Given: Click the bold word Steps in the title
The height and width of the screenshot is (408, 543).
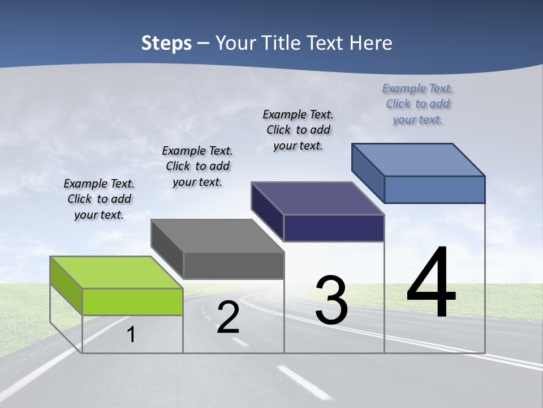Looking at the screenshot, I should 166,43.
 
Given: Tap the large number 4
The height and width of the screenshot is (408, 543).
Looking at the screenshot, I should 431,283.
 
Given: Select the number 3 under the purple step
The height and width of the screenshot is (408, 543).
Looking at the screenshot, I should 331,300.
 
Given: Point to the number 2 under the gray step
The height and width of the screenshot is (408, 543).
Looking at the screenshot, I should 228,317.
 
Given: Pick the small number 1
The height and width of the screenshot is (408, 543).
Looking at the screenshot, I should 131,334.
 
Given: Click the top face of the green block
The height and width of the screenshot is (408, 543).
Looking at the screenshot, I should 116,272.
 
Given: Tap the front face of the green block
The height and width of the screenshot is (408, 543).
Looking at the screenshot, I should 132,301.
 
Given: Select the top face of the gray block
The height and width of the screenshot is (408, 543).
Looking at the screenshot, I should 217,236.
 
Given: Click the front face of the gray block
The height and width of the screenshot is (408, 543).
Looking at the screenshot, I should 234,265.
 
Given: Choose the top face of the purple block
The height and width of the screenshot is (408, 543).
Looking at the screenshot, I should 317,198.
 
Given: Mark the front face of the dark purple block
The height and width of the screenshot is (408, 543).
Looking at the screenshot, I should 334,228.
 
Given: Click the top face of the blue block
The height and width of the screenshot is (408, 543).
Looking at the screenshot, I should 418,159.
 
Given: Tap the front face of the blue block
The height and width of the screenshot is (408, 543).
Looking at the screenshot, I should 434,189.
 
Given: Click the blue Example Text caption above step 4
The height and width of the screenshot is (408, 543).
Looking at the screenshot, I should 417,104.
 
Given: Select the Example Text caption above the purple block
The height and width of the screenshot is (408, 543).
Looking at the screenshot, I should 298,130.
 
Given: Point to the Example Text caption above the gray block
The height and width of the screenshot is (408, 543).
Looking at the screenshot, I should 197,166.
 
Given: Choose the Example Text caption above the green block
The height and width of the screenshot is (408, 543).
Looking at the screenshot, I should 99,199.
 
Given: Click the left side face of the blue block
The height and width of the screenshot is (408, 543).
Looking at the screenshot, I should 368,173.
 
